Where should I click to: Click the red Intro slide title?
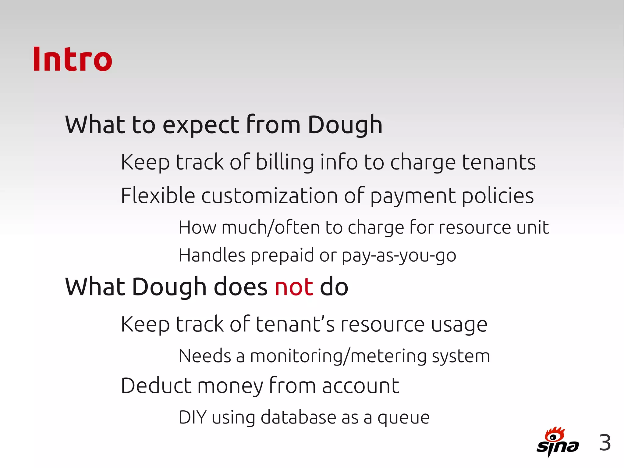point(73,59)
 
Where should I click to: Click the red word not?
point(294,287)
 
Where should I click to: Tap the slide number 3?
point(605,443)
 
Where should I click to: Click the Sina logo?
point(557,442)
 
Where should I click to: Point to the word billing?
point(285,162)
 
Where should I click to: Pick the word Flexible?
point(158,195)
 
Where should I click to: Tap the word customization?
point(269,196)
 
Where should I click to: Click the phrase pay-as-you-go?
point(399,255)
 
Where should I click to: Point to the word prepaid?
point(282,255)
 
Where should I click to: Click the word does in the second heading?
point(240,287)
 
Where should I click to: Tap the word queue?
point(403,418)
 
